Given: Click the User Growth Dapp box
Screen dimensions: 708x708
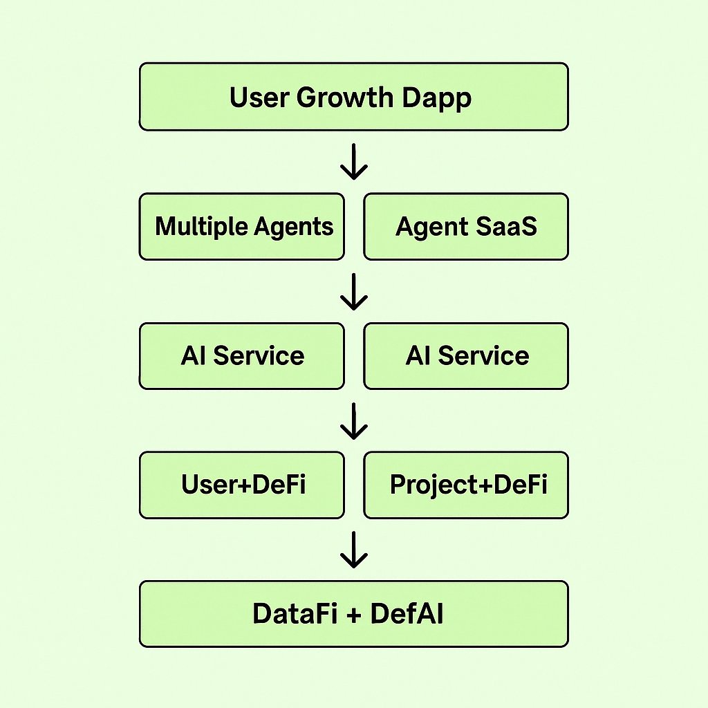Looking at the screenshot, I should pos(353,96).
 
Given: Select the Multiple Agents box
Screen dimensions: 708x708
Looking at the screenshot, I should pos(241,227).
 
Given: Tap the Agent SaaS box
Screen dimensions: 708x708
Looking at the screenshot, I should pos(466,227).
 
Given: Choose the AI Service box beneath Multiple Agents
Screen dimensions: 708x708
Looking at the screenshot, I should pos(241,355).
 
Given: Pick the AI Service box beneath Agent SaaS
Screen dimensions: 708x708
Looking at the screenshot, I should pos(466,355).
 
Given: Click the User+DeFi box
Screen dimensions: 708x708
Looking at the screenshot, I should pos(241,485).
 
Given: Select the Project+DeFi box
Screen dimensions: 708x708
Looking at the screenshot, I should pos(466,485).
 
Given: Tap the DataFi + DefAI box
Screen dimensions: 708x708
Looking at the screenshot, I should pos(353,614).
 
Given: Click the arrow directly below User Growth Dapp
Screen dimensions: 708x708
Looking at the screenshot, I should pos(354,162).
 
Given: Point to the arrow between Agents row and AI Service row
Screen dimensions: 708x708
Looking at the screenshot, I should pos(354,291).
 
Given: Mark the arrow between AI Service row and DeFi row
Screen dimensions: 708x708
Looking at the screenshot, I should pos(354,421).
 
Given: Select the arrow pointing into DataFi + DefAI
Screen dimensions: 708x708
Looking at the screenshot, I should pos(354,550).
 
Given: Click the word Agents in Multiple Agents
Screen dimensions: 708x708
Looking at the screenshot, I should pos(295,227).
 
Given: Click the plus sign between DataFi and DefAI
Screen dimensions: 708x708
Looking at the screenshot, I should pos(353,615).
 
